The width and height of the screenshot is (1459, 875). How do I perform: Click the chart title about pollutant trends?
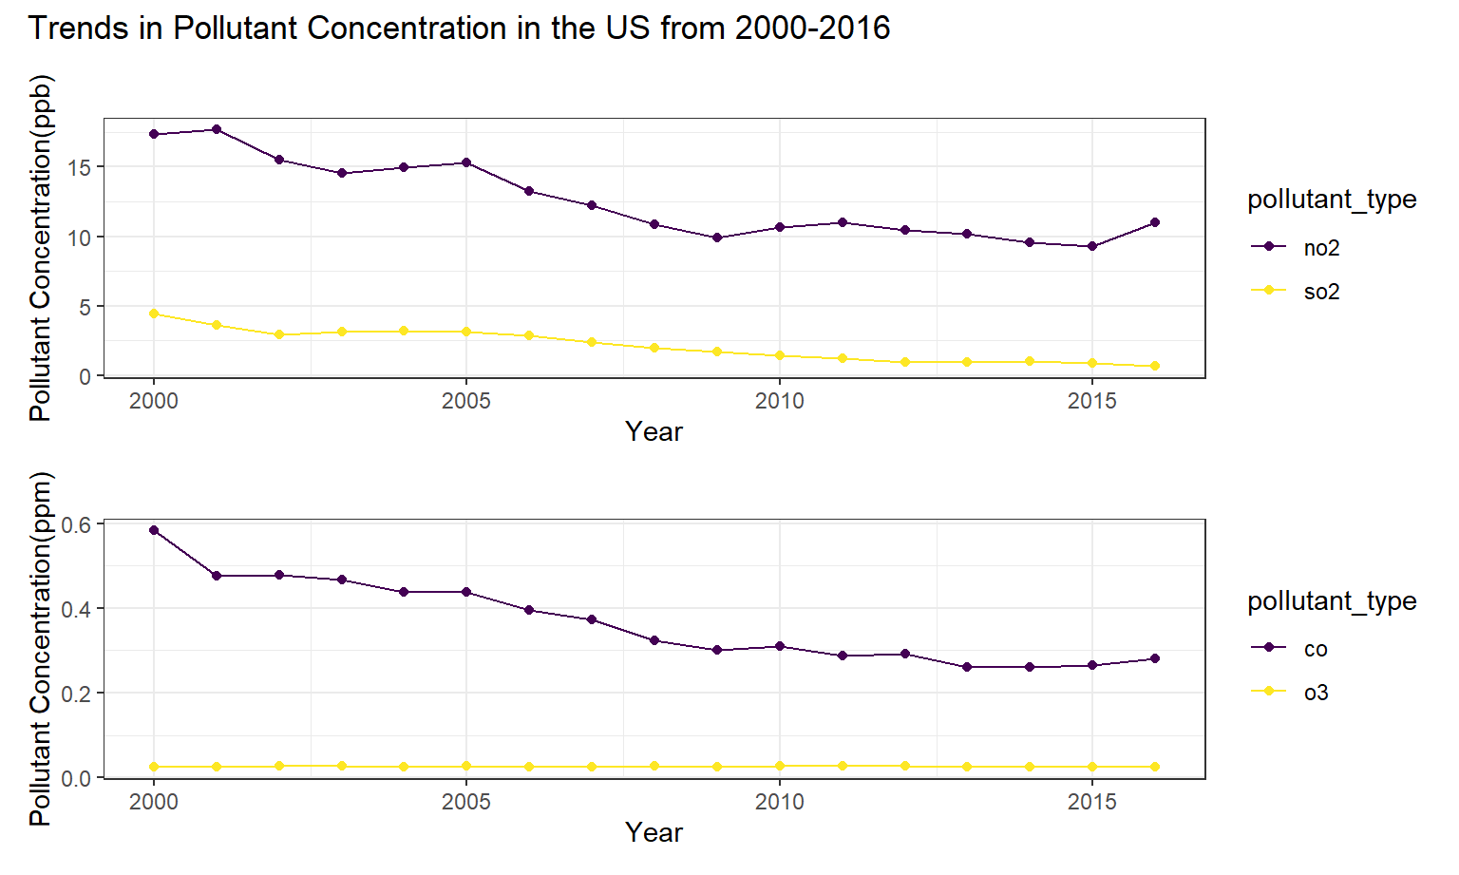click(459, 28)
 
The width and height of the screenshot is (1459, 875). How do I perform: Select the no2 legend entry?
click(1297, 248)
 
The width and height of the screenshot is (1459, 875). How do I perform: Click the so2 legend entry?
click(1297, 291)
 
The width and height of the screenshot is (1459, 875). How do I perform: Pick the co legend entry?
click(1290, 648)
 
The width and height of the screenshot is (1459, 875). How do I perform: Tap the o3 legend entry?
click(1290, 692)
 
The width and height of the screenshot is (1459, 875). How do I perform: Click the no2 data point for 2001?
click(217, 129)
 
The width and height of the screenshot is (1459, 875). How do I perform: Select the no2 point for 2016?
click(1155, 223)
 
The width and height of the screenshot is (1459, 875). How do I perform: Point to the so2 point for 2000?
click(154, 314)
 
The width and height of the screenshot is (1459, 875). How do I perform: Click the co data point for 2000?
click(154, 530)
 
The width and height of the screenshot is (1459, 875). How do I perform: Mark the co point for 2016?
click(1155, 658)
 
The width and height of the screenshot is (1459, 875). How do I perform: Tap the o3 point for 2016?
click(1155, 767)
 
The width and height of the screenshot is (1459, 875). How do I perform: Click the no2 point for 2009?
click(717, 238)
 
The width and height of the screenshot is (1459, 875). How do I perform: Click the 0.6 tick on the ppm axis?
click(77, 523)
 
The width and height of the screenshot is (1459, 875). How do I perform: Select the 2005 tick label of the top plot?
click(465, 401)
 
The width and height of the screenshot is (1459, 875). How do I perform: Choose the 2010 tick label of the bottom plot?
click(779, 802)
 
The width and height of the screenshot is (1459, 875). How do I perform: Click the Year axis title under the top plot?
click(654, 431)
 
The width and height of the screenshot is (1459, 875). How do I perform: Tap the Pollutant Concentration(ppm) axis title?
click(41, 649)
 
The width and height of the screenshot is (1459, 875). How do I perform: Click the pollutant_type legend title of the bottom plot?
click(1332, 600)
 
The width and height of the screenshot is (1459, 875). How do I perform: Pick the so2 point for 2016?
click(1155, 366)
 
